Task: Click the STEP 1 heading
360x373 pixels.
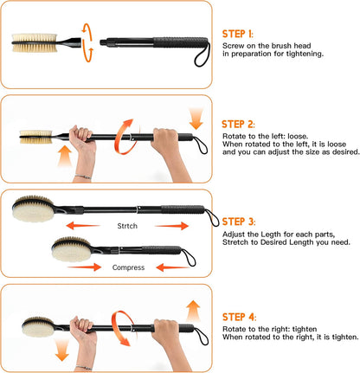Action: [x=238, y=34]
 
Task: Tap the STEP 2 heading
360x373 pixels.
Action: [x=238, y=125]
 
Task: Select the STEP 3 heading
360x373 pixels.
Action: [x=239, y=222]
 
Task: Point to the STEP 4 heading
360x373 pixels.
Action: [x=239, y=317]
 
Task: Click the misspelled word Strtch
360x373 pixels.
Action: [x=127, y=226]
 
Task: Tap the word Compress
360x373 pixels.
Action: [x=128, y=267]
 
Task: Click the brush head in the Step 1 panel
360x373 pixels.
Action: [x=35, y=43]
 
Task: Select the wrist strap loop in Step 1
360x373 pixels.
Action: [x=202, y=55]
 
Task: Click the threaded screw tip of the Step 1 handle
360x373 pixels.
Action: [x=103, y=42]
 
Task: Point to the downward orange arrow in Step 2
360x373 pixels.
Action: [x=196, y=119]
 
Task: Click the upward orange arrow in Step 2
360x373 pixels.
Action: [x=65, y=156]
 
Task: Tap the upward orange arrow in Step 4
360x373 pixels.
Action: [x=193, y=311]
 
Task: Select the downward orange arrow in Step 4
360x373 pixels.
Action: [x=62, y=350]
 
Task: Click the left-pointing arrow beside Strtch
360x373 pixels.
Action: [x=83, y=225]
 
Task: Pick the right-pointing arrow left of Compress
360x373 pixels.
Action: [x=84, y=267]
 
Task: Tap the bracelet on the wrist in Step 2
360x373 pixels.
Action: [x=83, y=177]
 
